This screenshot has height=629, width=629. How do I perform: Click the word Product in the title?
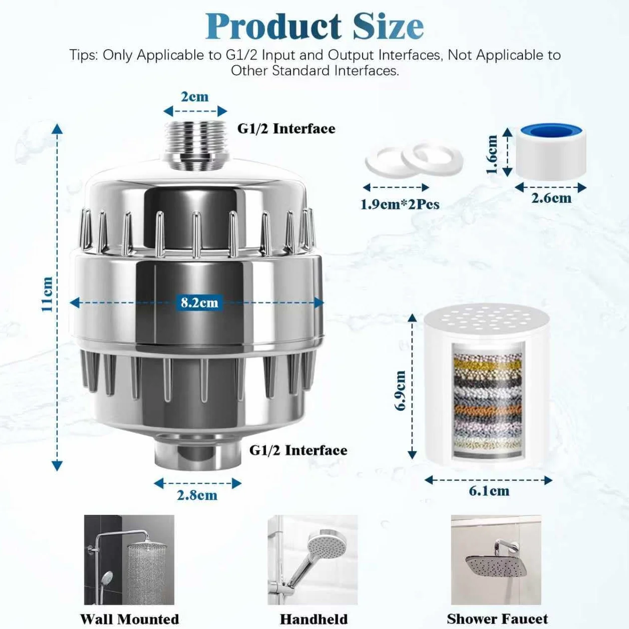click(x=273, y=26)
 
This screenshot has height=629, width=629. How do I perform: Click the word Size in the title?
click(x=389, y=26)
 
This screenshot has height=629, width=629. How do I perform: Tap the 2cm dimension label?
click(x=195, y=97)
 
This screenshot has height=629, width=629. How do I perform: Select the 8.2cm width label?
click(x=199, y=302)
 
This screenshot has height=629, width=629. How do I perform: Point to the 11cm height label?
click(x=48, y=294)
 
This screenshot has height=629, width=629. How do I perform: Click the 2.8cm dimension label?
click(x=197, y=495)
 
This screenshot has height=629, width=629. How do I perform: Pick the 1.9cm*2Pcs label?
click(x=400, y=205)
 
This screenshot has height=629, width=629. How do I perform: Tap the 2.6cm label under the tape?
click(x=551, y=198)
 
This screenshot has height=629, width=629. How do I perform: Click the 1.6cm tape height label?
click(x=492, y=154)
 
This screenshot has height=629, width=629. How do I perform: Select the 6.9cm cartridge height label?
click(x=400, y=390)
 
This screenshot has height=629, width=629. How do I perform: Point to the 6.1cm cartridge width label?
click(x=489, y=491)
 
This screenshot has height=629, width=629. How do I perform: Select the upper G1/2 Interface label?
click(x=286, y=129)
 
